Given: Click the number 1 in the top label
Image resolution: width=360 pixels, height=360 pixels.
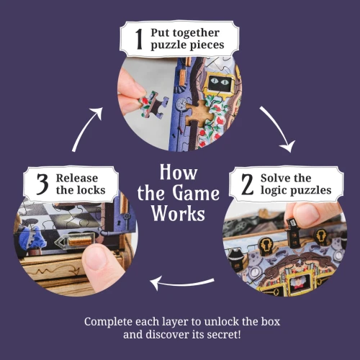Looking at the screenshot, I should point(139,40).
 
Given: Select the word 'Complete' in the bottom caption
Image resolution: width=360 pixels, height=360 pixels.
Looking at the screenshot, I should point(109,321).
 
